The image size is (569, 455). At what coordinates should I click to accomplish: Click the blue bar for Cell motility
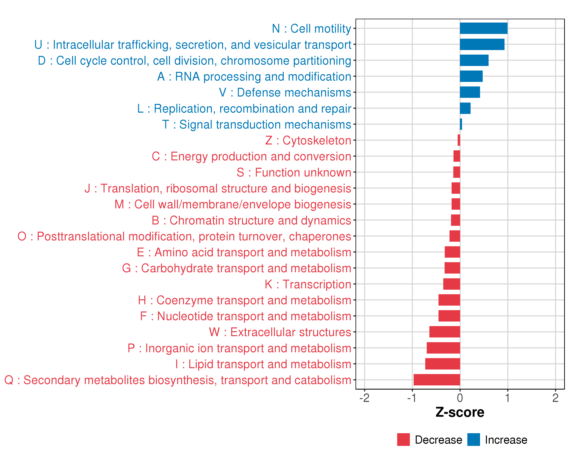coord(483,28)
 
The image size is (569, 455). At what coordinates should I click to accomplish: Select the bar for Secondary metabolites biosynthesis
coord(437,380)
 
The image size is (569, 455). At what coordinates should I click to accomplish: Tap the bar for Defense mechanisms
coord(470,92)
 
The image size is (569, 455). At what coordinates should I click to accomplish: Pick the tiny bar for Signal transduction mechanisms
coord(461,124)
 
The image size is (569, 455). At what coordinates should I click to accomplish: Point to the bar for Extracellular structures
coord(445,332)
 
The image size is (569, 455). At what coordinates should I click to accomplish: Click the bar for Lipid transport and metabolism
coord(442,364)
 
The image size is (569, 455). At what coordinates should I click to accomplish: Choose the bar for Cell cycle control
coord(474,60)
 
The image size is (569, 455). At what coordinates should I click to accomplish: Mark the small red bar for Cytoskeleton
coord(459,140)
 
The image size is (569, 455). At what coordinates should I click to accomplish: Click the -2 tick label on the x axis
coord(365,398)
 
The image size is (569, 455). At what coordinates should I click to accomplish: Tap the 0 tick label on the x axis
coord(460,398)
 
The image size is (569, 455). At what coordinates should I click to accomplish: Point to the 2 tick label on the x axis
coord(555,398)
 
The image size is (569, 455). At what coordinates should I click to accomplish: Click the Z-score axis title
coord(460,412)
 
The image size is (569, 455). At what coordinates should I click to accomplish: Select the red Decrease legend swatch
coord(403,440)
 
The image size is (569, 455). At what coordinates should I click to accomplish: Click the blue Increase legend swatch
coord(473,440)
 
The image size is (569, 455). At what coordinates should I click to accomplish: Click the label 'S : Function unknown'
coord(294,173)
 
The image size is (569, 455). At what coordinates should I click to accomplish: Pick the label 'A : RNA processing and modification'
coord(254,76)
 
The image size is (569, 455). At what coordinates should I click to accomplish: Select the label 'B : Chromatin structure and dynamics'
coord(251,220)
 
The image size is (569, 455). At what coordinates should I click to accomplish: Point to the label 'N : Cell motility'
coord(311,28)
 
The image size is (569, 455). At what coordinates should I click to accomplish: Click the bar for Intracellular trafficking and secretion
coord(482,44)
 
